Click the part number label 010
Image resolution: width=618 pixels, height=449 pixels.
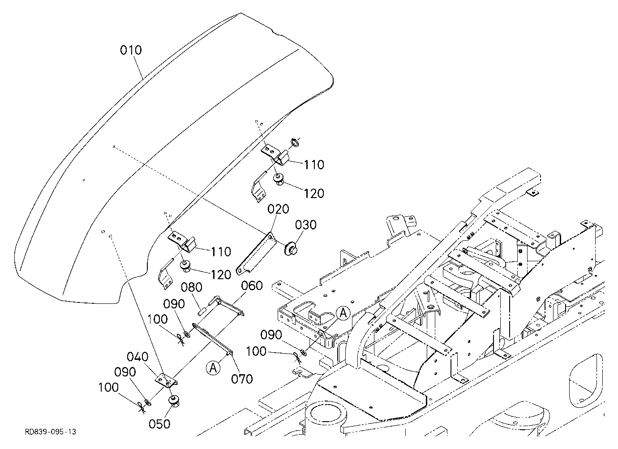[131, 50]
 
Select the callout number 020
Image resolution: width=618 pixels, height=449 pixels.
[278, 209]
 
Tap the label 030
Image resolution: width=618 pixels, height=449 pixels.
[306, 225]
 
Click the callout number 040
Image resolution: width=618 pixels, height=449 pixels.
[137, 357]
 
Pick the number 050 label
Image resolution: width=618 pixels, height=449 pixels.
[159, 424]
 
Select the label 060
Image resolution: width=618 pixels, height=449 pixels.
[252, 285]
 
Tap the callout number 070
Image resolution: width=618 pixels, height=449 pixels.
[242, 379]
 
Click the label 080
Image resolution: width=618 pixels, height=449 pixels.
[192, 288]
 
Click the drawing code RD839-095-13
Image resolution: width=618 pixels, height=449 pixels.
[51, 432]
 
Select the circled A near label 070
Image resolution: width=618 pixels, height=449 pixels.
[213, 368]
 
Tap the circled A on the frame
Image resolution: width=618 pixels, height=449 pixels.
[343, 313]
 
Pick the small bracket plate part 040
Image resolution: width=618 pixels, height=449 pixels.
[166, 381]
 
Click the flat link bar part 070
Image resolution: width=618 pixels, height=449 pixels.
[213, 339]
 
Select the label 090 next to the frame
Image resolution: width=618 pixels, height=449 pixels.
[271, 335]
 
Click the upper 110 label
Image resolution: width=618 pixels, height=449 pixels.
[314, 165]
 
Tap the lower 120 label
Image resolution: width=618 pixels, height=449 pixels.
[221, 275]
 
